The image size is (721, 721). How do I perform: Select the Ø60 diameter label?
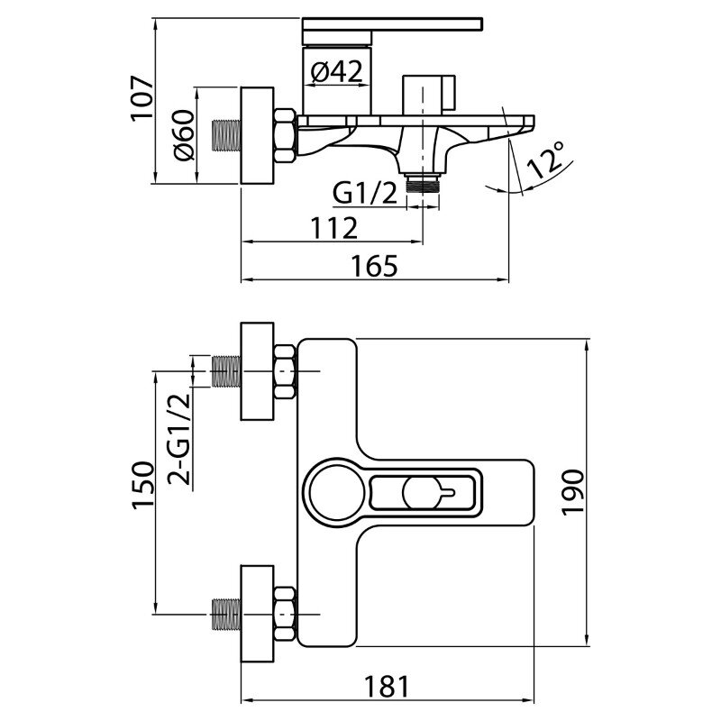pos(182,135)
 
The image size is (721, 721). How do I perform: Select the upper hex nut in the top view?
pos(285,370)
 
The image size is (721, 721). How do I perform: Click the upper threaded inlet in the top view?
pos(226,370)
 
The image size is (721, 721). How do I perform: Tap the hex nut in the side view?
pos(285,135)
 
